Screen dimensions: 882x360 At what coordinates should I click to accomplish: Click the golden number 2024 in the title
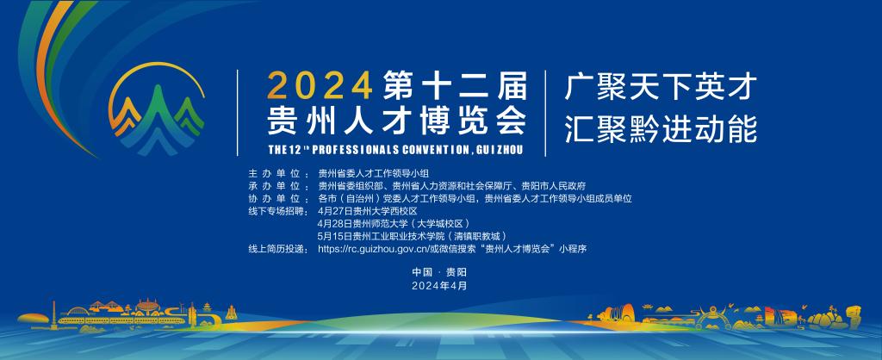coord(320,86)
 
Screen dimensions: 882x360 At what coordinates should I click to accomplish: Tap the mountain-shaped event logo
coord(157,109)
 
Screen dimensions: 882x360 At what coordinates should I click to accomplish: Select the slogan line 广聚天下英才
coord(661,87)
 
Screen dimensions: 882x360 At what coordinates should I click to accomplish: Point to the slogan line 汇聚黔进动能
coord(661,129)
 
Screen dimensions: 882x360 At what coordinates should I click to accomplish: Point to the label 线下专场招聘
coord(276,211)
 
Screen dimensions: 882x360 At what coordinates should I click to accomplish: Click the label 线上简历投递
coord(276,249)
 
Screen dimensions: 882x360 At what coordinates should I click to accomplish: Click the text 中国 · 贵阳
coord(439,272)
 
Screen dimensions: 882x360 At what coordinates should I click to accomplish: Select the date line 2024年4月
coord(439,285)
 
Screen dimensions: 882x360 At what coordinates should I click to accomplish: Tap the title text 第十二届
coord(455,86)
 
